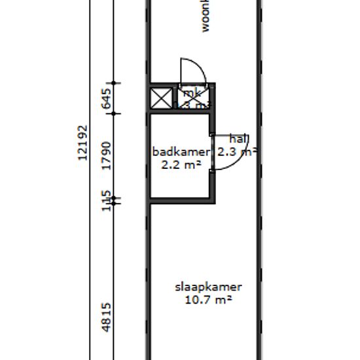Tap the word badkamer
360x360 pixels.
pos(181,152)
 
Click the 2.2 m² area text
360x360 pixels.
pos(181,165)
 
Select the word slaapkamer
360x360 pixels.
pos(208,287)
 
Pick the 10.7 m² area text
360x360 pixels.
pos(209,300)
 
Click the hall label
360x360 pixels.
pos(240,139)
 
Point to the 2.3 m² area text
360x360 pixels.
pos(236,152)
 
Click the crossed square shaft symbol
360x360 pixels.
pos(161,99)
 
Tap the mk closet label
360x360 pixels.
pos(192,94)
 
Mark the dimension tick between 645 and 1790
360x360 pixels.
pos(115,113)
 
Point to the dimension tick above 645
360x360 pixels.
pos(115,83)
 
